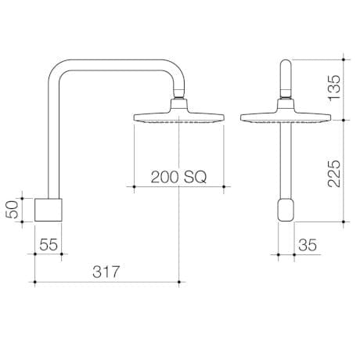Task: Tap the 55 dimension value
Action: (49, 244)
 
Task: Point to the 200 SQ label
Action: (178, 177)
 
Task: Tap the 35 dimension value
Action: (308, 244)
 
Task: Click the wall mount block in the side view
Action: (49, 210)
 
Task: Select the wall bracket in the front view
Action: (287, 210)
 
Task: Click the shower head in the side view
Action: (178, 118)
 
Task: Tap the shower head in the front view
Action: (287, 118)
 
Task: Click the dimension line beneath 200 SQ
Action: (178, 186)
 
